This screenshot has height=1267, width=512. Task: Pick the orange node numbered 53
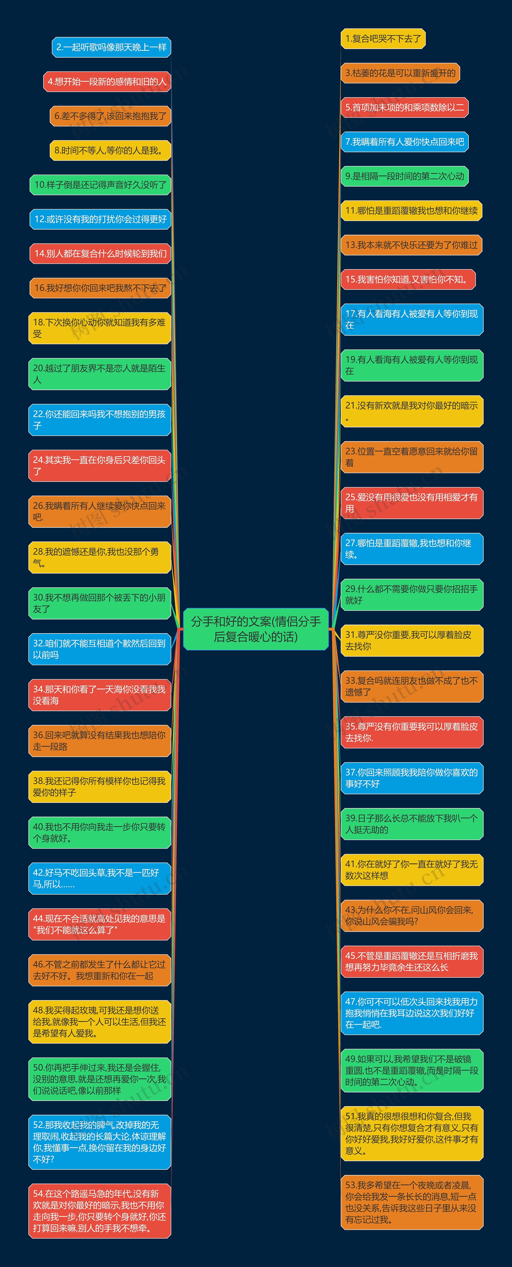point(412,1202)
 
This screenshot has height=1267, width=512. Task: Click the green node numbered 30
point(99,603)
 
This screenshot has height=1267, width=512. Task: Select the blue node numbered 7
point(404,142)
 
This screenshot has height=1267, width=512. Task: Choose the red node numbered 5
point(404,107)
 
